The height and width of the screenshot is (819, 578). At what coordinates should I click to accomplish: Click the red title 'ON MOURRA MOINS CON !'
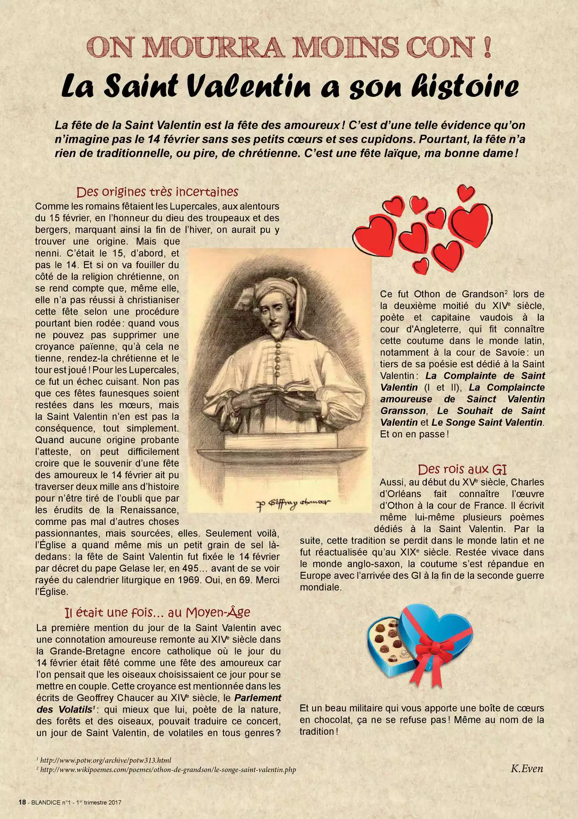click(289, 47)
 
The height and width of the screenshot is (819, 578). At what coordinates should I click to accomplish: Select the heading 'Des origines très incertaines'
click(157, 192)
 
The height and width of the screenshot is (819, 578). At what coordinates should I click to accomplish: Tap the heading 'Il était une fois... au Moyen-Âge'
click(157, 612)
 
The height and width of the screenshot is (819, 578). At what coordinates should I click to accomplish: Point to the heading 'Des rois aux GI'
click(462, 469)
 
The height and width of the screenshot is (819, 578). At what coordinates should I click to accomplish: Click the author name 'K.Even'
click(527, 768)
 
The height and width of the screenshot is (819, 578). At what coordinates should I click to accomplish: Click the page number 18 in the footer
click(22, 802)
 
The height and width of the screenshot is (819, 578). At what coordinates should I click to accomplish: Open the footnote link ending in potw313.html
click(106, 760)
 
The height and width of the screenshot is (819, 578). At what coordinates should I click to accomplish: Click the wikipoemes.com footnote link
click(168, 769)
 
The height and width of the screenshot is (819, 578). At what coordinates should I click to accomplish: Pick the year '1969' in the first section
click(191, 580)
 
